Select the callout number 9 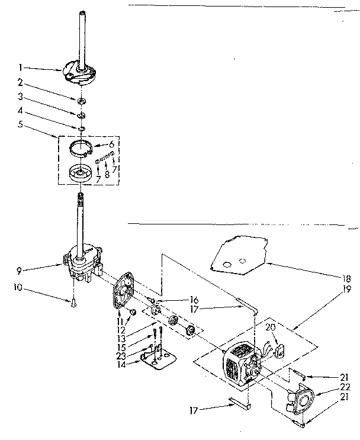(x=20, y=272)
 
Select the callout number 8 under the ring (x=107, y=175)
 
